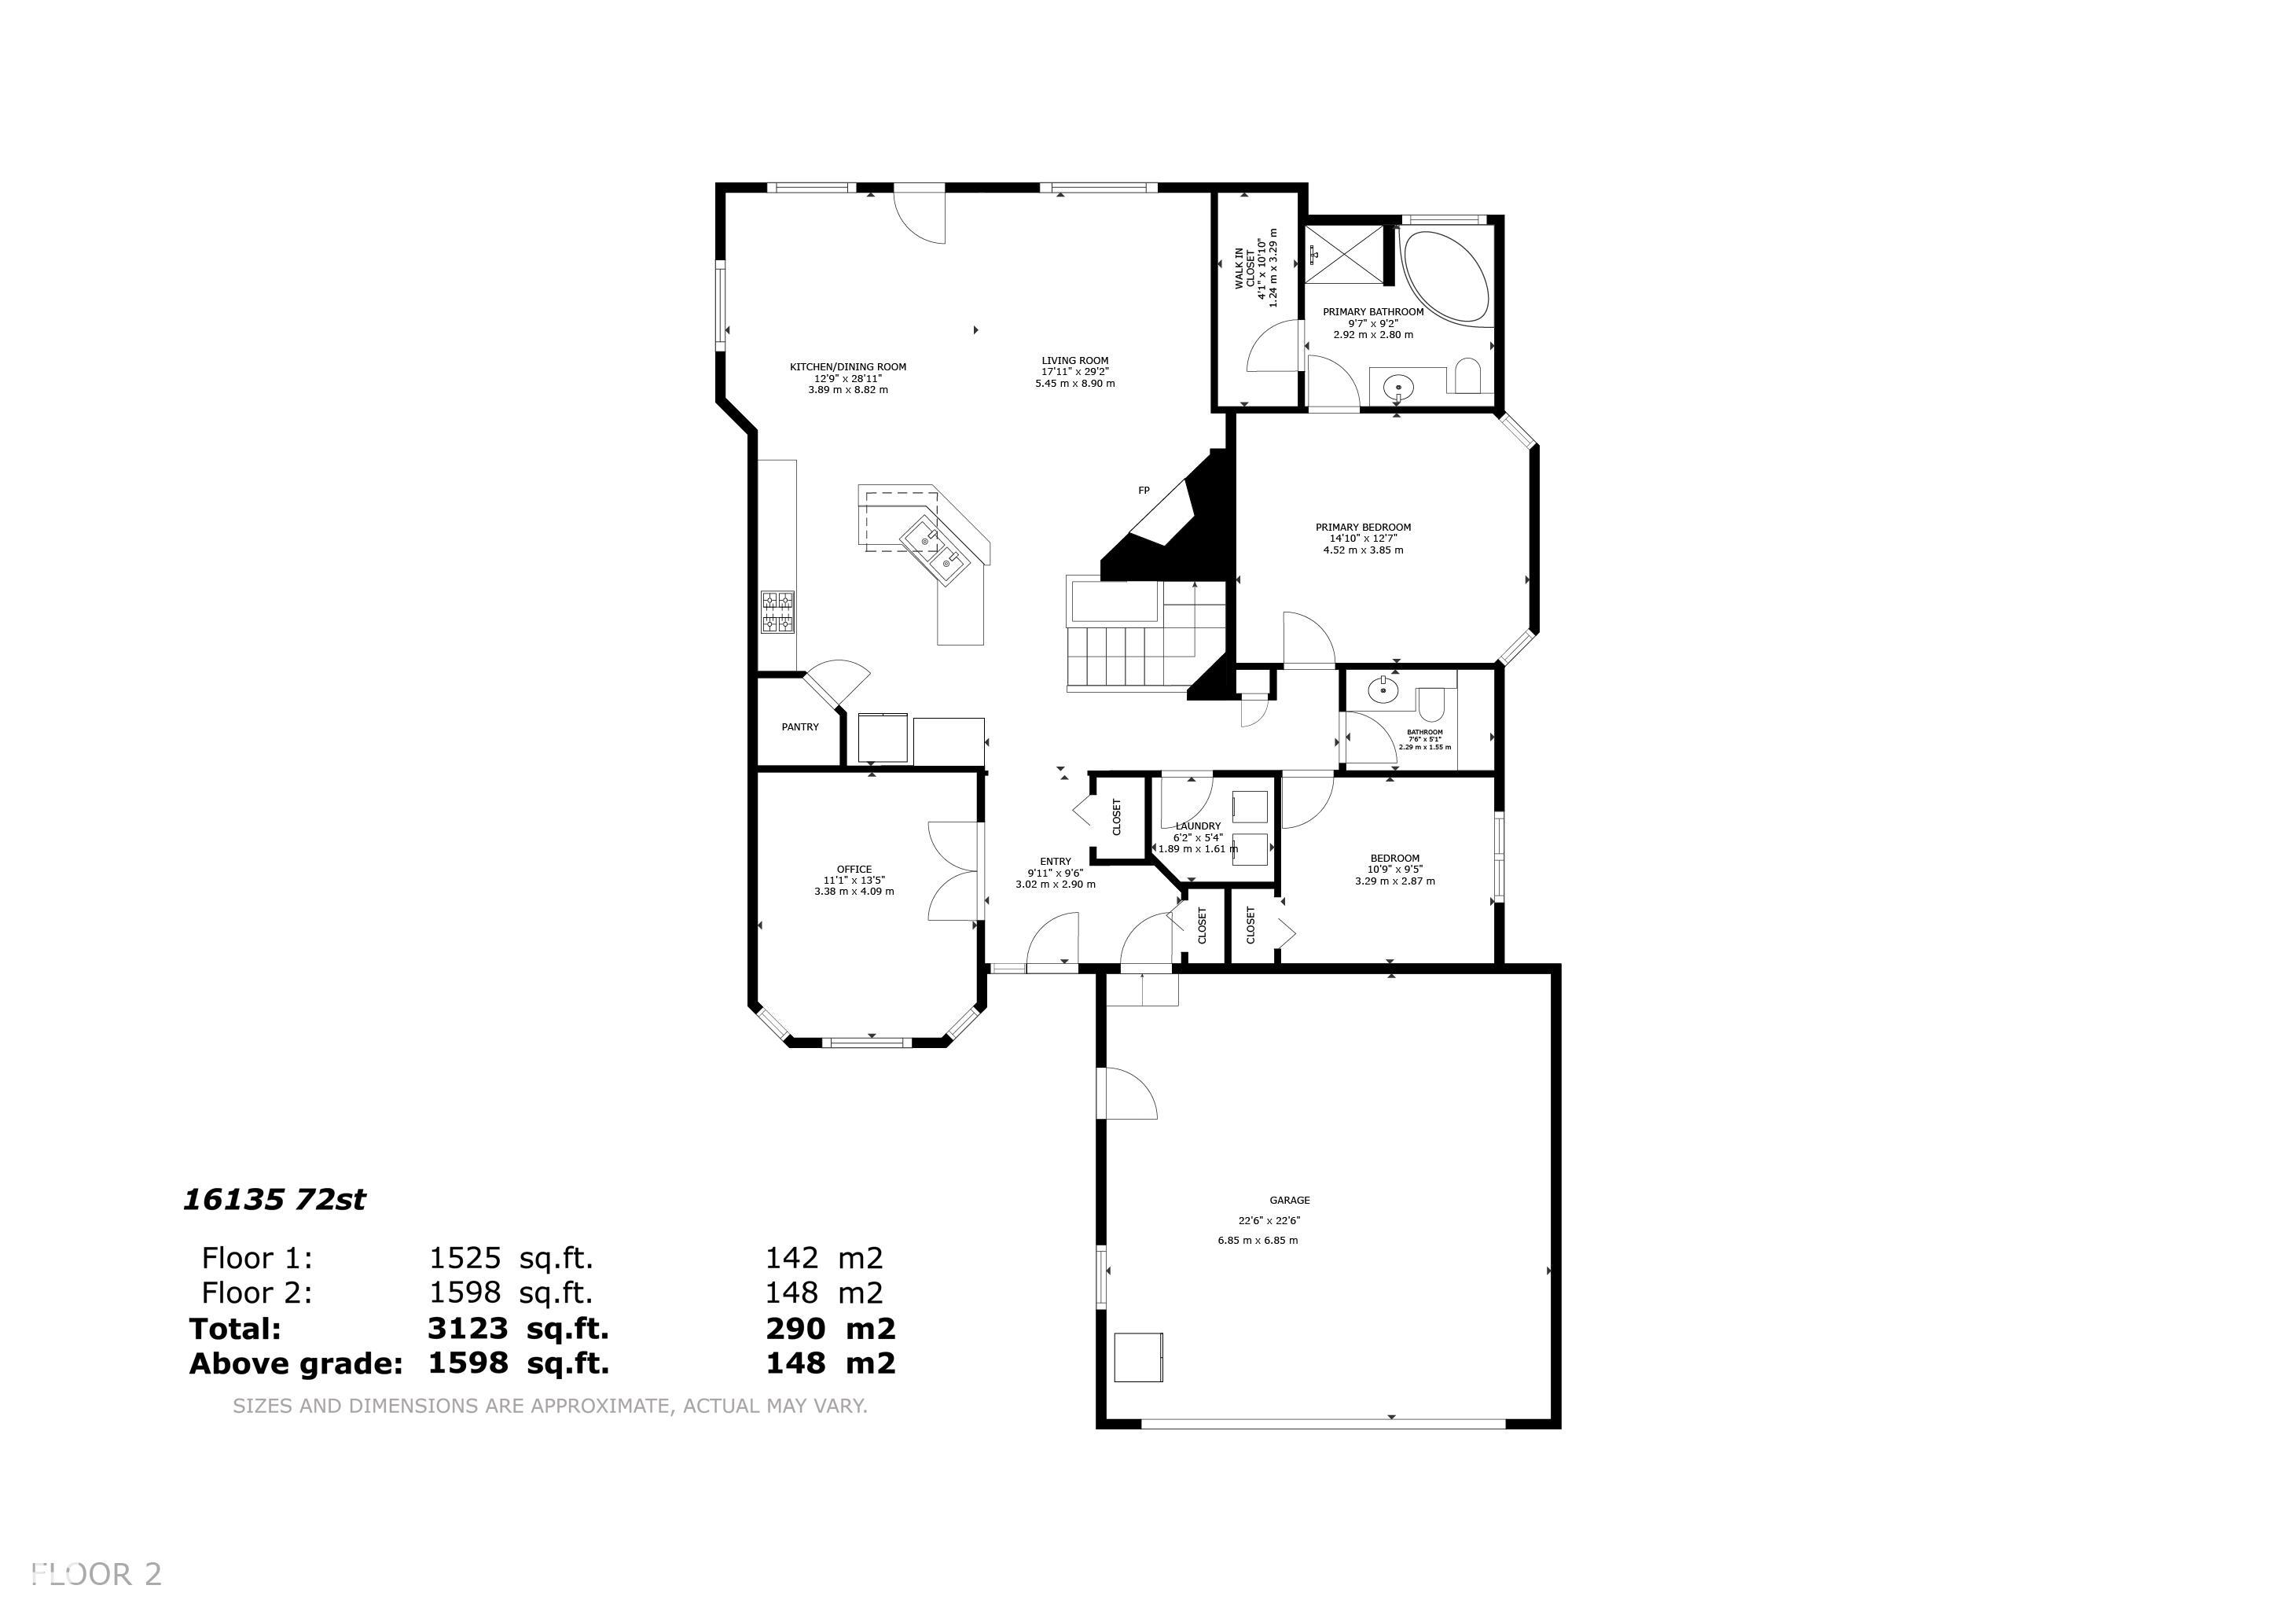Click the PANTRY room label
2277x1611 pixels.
click(x=800, y=727)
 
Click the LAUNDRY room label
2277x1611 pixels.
click(x=1198, y=826)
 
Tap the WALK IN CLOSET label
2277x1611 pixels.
click(x=1245, y=268)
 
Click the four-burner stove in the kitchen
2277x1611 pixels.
click(x=777, y=612)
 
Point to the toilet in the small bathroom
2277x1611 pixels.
click(x=1431, y=706)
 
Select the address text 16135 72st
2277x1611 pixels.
click(x=275, y=1201)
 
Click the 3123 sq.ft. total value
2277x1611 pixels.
click(x=518, y=1328)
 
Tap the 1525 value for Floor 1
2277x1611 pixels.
click(x=465, y=1258)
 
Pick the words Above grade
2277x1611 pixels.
click(x=296, y=1364)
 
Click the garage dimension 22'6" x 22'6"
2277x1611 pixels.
click(x=1269, y=1221)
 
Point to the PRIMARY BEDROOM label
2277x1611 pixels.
click(x=1363, y=528)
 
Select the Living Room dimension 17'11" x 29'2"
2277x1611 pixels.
click(x=1075, y=372)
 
